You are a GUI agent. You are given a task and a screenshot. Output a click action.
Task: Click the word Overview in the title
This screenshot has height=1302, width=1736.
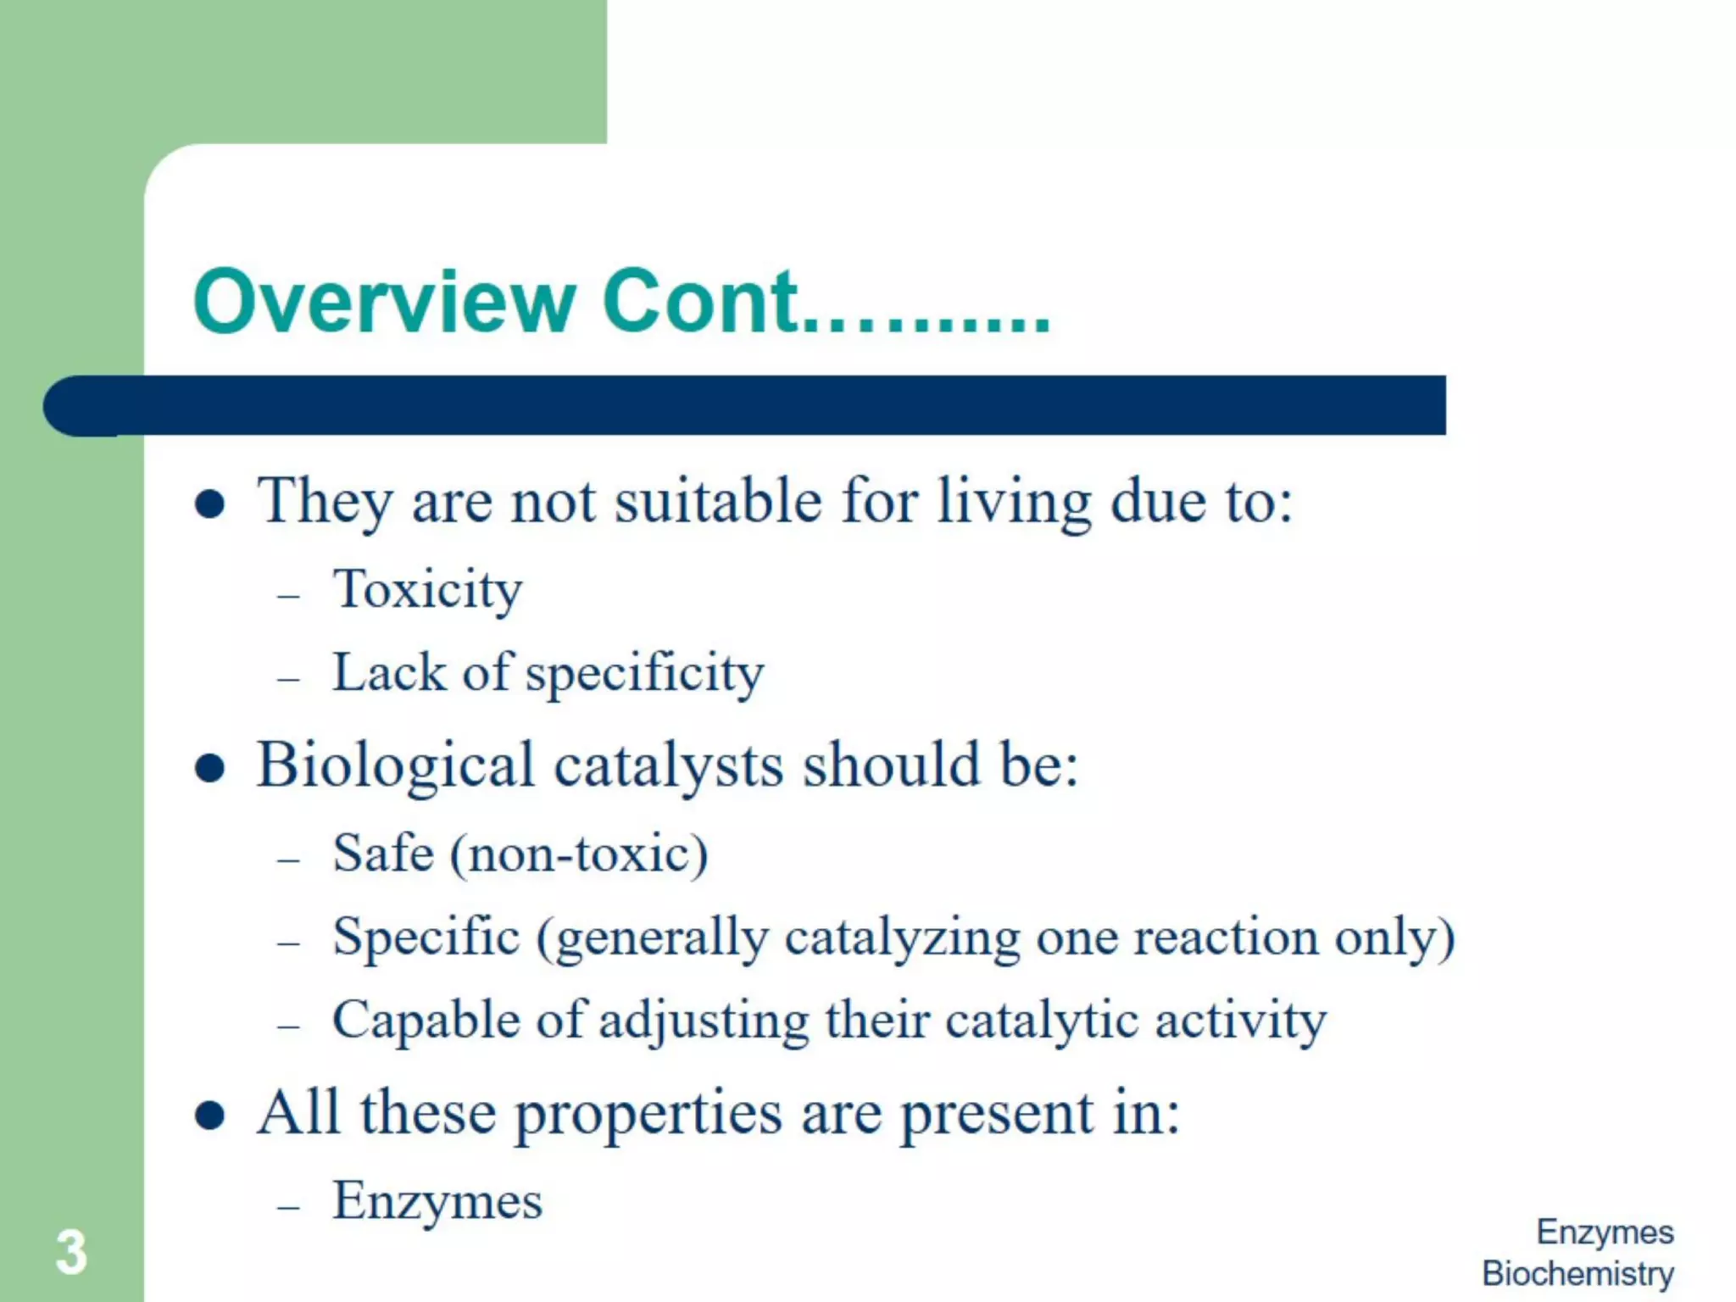tap(384, 302)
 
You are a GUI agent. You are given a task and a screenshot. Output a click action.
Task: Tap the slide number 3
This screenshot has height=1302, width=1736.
tap(71, 1252)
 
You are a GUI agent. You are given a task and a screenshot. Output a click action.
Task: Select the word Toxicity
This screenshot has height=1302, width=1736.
tap(427, 590)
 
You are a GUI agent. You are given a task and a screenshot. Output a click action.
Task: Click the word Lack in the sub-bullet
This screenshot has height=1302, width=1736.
tap(388, 673)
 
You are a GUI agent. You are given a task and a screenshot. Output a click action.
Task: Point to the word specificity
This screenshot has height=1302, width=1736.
tap(644, 675)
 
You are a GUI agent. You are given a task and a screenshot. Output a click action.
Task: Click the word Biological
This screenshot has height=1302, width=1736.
tap(395, 766)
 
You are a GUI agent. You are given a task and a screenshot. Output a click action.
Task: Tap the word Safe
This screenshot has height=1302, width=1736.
tap(383, 853)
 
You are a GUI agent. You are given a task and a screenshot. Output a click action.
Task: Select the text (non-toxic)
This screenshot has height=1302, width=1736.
tap(579, 854)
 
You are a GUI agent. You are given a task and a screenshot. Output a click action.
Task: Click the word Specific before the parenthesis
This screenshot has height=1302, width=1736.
tap(426, 938)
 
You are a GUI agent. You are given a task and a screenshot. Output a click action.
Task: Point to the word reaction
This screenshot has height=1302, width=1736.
tap(1225, 938)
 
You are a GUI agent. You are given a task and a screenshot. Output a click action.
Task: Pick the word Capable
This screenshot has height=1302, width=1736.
tap(425, 1020)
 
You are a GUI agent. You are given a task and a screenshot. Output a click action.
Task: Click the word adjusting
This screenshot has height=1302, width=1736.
tap(704, 1021)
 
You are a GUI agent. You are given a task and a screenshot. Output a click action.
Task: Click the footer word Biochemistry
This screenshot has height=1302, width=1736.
tap(1577, 1273)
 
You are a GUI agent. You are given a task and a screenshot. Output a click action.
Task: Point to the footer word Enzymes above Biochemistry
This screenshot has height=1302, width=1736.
tap(1605, 1232)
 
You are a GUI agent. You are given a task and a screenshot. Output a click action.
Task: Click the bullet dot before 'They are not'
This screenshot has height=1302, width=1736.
tap(209, 505)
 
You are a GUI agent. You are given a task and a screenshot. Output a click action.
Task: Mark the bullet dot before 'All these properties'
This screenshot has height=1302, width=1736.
tap(209, 1116)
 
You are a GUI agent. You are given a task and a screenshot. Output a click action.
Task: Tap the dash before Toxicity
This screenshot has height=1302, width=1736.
tap(289, 596)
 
